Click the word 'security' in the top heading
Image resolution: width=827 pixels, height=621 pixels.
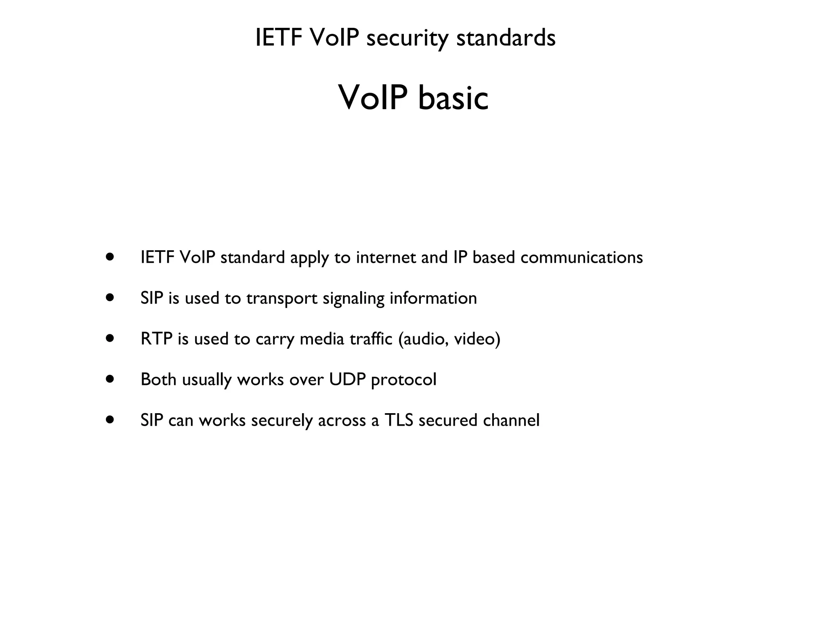tap(407, 38)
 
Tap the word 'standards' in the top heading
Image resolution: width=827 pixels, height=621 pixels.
tap(506, 38)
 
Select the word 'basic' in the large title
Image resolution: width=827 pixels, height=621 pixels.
tap(453, 98)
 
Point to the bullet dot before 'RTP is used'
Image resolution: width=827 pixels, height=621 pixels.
tap(109, 338)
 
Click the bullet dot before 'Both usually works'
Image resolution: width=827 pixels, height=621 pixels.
tap(109, 379)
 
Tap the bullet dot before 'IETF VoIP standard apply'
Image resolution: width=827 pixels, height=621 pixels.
tap(109, 257)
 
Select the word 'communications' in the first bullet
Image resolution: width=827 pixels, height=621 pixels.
tap(581, 258)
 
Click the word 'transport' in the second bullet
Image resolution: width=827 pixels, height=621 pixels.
tap(282, 299)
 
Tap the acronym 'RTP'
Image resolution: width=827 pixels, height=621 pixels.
tap(156, 339)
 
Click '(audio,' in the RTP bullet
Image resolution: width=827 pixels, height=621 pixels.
tap(423, 339)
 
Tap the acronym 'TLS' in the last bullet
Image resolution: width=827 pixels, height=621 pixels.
tap(399, 420)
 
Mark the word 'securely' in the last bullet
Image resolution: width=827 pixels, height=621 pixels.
tap(282, 420)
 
